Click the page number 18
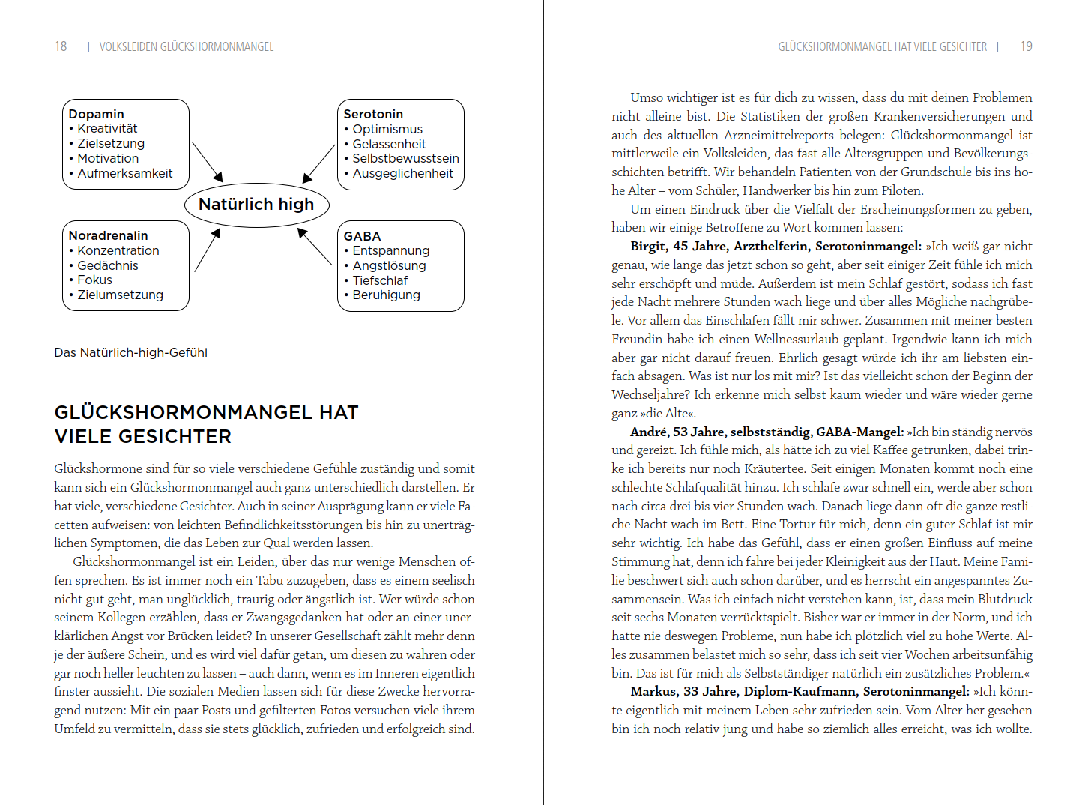coord(61,46)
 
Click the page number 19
coord(1026,46)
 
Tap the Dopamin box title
coord(96,114)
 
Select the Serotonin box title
coord(373,114)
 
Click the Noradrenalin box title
coord(108,235)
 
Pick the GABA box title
coord(362,236)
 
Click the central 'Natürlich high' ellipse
coord(256,205)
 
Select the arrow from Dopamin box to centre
coord(208,161)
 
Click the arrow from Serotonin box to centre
coord(318,163)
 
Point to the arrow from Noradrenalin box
coord(208,250)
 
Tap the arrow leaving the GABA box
coord(315,247)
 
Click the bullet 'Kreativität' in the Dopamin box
coord(107,129)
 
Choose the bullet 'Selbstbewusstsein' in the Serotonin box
coord(405,159)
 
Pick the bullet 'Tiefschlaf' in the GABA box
coord(380,280)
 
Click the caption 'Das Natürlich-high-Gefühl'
coord(130,352)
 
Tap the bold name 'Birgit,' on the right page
coord(649,246)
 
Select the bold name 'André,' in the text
coord(649,432)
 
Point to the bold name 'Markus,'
coord(653,691)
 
